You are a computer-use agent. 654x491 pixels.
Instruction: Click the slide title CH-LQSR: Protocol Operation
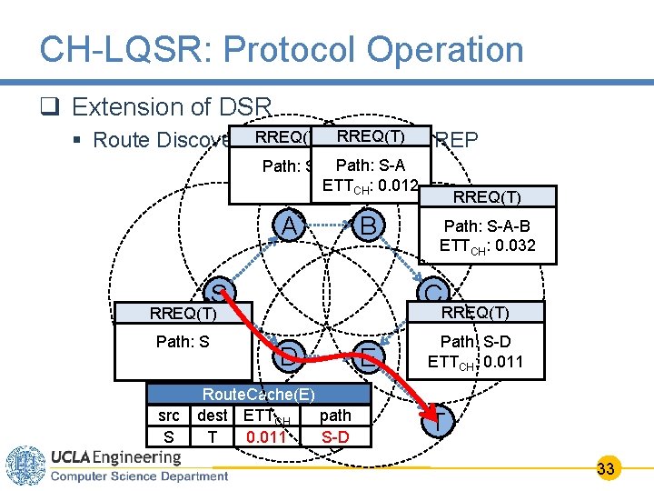(x=282, y=50)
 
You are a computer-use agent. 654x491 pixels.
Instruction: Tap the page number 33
(x=607, y=469)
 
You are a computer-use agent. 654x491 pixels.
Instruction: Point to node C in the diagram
(x=434, y=293)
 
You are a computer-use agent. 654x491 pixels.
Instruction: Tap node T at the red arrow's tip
(x=439, y=421)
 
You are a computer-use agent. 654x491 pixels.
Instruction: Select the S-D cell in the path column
(x=335, y=437)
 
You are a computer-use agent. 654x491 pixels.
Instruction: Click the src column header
(x=168, y=416)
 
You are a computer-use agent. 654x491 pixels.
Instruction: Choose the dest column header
(x=213, y=416)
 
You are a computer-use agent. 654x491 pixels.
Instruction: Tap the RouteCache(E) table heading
(x=259, y=394)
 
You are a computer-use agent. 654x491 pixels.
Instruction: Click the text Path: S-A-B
(x=486, y=225)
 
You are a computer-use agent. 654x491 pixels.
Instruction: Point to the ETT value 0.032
(x=512, y=245)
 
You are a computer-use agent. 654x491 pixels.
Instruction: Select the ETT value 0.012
(x=397, y=186)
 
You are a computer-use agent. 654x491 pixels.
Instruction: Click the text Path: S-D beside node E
(x=476, y=343)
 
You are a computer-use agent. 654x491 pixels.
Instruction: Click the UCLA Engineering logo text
(x=115, y=456)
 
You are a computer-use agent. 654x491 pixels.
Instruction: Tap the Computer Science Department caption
(x=138, y=476)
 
